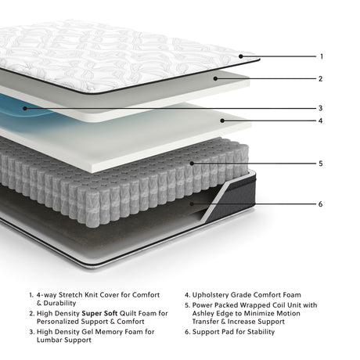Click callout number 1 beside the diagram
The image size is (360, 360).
(321, 56)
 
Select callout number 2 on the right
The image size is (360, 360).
(321, 78)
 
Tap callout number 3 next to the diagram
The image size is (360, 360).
(321, 108)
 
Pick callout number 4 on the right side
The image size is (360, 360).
(321, 121)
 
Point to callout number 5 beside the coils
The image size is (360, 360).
(321, 164)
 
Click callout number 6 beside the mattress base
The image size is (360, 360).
(321, 204)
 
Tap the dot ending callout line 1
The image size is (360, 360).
(239, 56)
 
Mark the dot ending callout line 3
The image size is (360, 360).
(26, 108)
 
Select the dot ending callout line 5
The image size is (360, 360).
(189, 164)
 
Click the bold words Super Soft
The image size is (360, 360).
(99, 313)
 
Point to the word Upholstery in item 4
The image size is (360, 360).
(216, 296)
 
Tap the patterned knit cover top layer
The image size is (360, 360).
(117, 51)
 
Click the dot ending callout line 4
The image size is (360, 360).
(222, 121)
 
